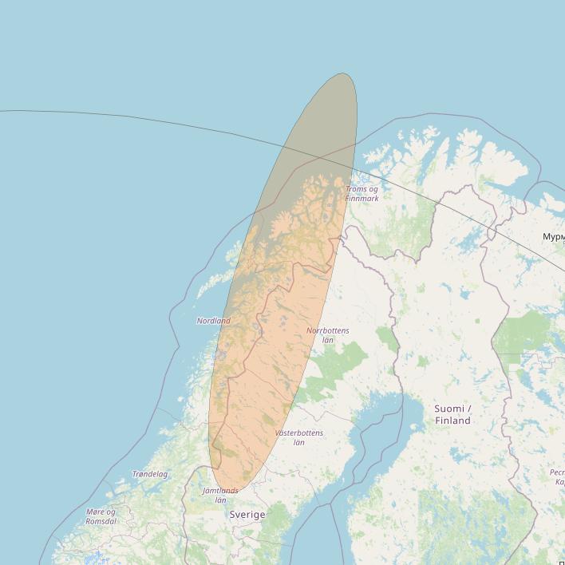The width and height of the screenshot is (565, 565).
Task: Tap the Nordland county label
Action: pos(213,321)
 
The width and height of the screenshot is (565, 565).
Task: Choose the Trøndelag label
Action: pos(150,474)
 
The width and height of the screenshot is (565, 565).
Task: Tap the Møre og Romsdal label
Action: pos(101,516)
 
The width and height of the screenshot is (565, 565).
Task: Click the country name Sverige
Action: pos(247,515)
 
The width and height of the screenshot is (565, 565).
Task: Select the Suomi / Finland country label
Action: pos(452,414)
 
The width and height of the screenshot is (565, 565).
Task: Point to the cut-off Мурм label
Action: pos(553,237)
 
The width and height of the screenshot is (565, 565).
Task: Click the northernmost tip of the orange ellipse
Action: pos(346,74)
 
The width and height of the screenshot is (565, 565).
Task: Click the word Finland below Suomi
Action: pos(452,421)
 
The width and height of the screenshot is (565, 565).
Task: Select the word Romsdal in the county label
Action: pos(101,521)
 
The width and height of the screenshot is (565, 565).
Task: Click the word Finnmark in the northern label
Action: pos(362,198)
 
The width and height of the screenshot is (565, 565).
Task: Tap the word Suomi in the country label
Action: pos(448,409)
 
